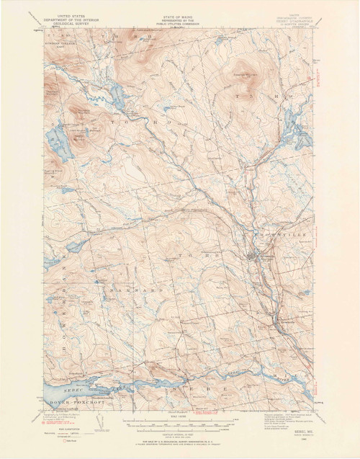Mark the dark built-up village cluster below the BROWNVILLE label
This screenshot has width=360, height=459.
(252, 256)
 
